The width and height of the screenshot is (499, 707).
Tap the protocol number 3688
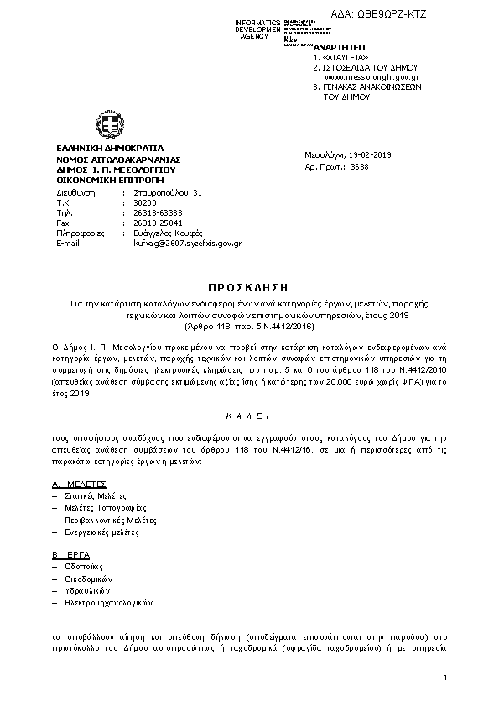pos(360,166)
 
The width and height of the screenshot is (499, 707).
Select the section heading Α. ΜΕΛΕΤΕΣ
pos(79,484)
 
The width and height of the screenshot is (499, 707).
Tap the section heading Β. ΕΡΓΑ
pos(70,556)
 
